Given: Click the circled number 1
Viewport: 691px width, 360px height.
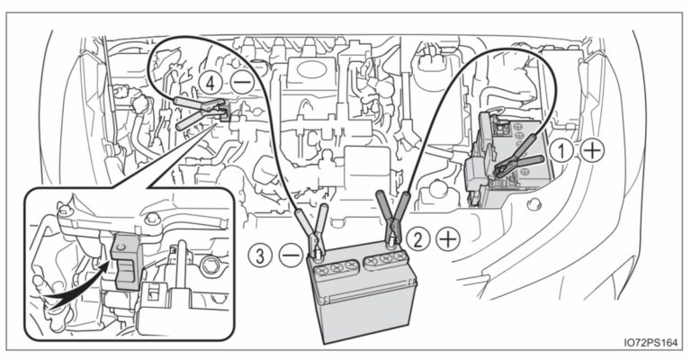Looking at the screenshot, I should pos(561,151).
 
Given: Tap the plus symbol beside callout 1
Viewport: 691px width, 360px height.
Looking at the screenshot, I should pos(591,151).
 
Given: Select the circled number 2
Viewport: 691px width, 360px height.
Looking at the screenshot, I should pos(417,238).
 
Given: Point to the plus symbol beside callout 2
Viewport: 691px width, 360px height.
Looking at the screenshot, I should pos(446,238).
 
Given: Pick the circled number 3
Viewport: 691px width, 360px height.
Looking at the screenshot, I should pos(261,256).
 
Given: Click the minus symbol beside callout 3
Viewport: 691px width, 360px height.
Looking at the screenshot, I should pos(290,256).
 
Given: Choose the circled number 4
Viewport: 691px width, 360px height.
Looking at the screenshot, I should pos(211,82).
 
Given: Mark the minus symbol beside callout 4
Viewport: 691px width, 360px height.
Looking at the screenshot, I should pos(240,82).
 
